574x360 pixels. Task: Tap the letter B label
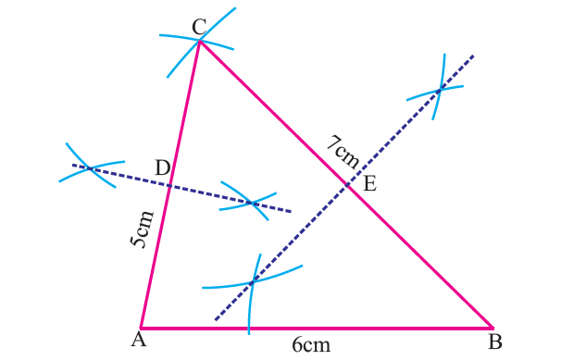[495, 341]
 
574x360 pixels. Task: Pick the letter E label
[368, 183]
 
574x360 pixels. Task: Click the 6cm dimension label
[310, 344]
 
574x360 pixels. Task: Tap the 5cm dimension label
[140, 229]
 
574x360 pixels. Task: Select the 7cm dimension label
[343, 151]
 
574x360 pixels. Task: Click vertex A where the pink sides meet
[141, 328]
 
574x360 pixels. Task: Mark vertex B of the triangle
[492, 328]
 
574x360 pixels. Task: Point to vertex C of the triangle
[199, 41]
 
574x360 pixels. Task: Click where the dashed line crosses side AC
[169, 184]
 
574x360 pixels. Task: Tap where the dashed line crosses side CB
[348, 186]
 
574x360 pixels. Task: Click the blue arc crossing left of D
[87, 168]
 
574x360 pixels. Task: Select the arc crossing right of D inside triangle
[253, 203]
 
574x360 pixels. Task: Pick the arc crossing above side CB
[439, 90]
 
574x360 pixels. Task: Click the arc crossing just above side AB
[252, 281]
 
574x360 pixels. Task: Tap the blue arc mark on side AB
[248, 327]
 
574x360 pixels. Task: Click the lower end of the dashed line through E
[216, 320]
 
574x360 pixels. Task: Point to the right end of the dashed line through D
[291, 211]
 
